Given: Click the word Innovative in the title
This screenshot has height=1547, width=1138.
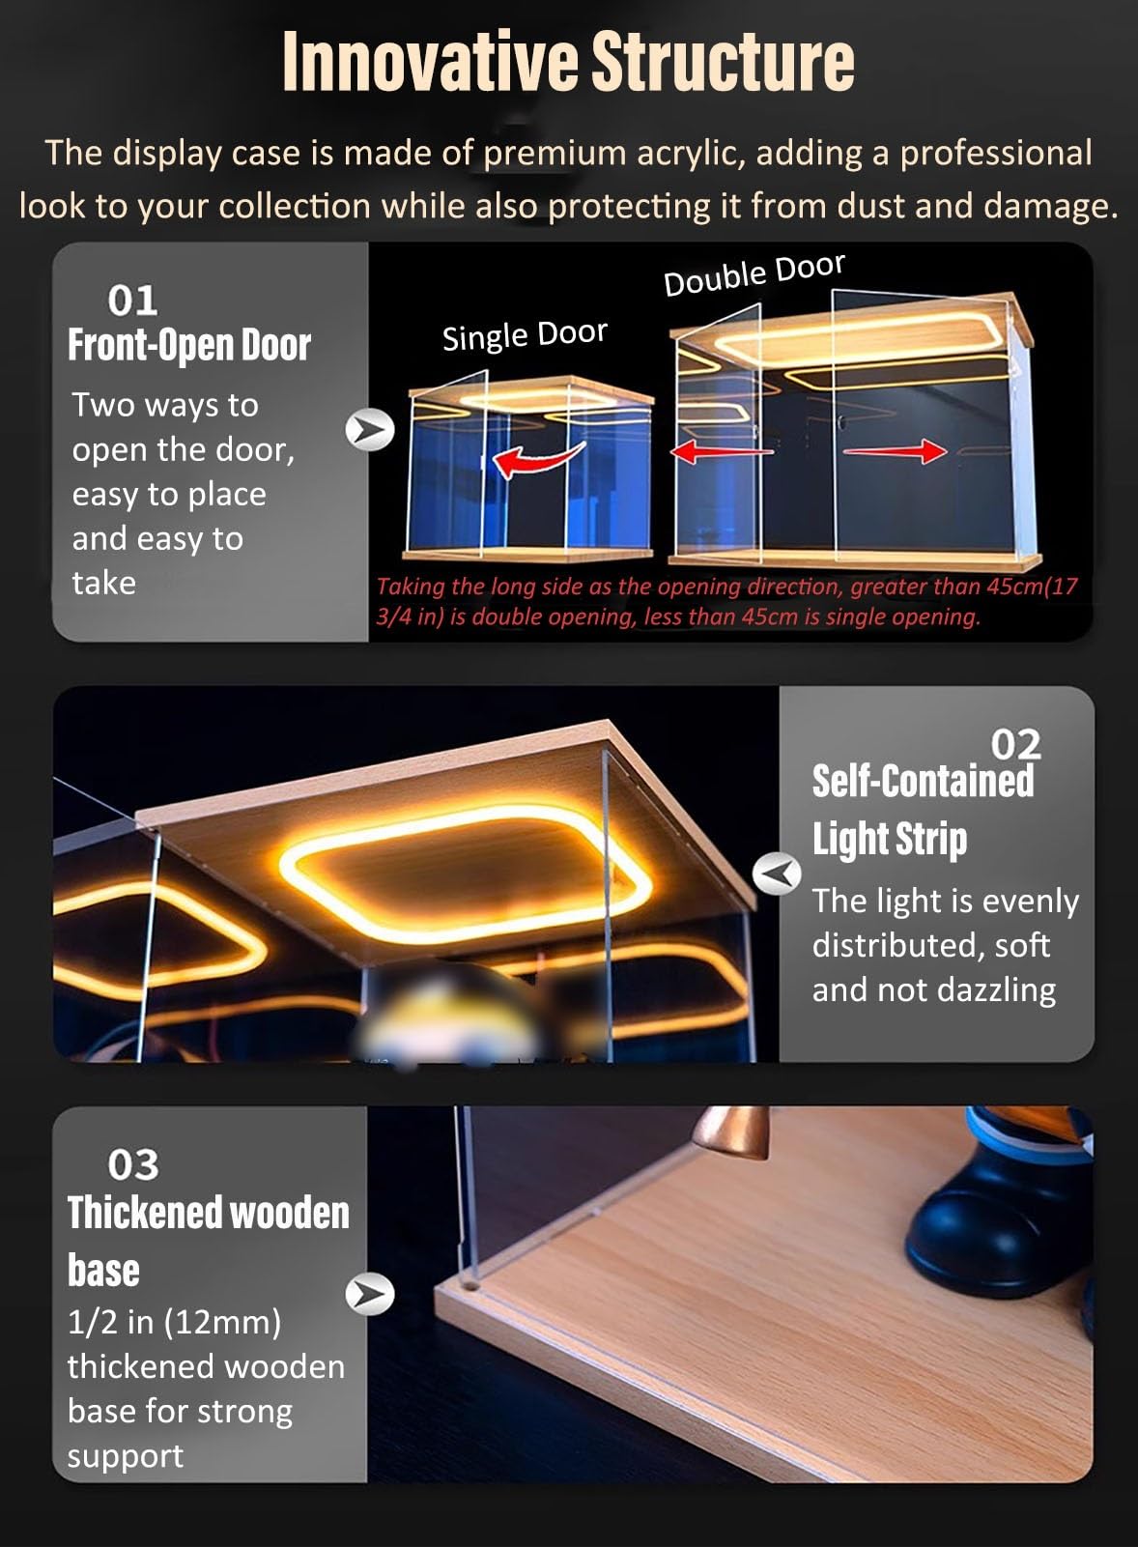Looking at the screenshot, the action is coord(431,61).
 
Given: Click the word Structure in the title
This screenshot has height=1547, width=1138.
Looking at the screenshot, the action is coord(723,61).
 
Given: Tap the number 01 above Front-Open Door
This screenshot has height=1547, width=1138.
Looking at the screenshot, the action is coord(132,301).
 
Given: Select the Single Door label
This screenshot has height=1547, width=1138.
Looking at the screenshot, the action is coord(525,335).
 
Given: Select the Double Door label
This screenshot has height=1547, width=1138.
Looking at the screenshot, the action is coord(754,274).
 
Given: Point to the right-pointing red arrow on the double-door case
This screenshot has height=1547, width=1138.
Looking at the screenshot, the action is coord(895,451).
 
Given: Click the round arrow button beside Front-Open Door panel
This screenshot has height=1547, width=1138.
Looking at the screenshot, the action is coord(370,430).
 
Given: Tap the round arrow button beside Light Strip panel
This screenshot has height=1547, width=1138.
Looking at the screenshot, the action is coord(777,874).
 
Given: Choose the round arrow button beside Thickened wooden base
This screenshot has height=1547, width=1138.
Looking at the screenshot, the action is coord(370,1294).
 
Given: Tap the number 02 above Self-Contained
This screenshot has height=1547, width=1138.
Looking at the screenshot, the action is coord(1015,744).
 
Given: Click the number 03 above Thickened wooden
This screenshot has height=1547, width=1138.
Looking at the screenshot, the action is coord(133,1164).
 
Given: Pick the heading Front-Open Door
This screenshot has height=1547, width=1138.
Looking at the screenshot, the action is coord(189,345).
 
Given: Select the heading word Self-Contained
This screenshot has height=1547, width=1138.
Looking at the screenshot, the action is coord(924,781).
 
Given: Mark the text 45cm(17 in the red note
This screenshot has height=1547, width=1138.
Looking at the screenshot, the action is coord(1033,587).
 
